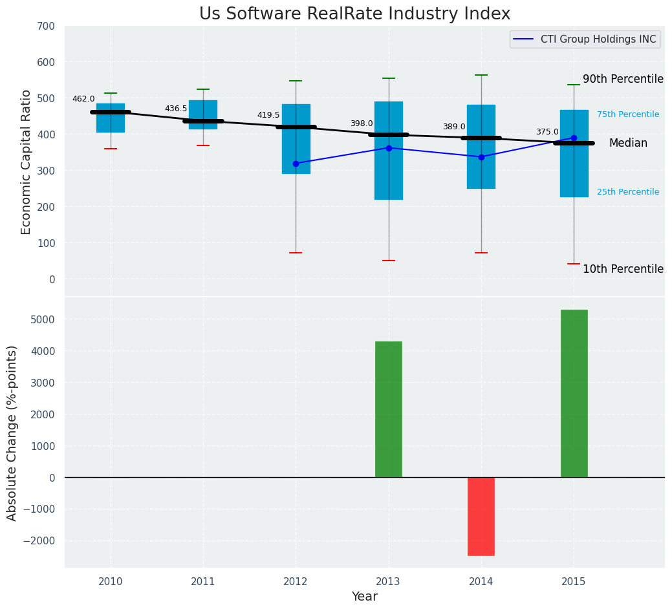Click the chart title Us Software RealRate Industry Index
click(354, 14)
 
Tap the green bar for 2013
click(388, 409)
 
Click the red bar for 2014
click(481, 516)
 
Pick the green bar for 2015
click(574, 393)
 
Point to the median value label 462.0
click(83, 99)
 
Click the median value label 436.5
click(176, 109)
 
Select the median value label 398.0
click(362, 123)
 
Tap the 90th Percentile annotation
click(623, 79)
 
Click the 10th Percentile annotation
click(623, 269)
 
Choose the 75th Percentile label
click(628, 114)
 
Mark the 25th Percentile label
click(628, 192)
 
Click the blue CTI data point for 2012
click(296, 164)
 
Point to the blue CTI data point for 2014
click(481, 157)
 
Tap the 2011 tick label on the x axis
click(203, 582)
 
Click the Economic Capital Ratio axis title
click(27, 162)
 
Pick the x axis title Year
click(365, 597)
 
